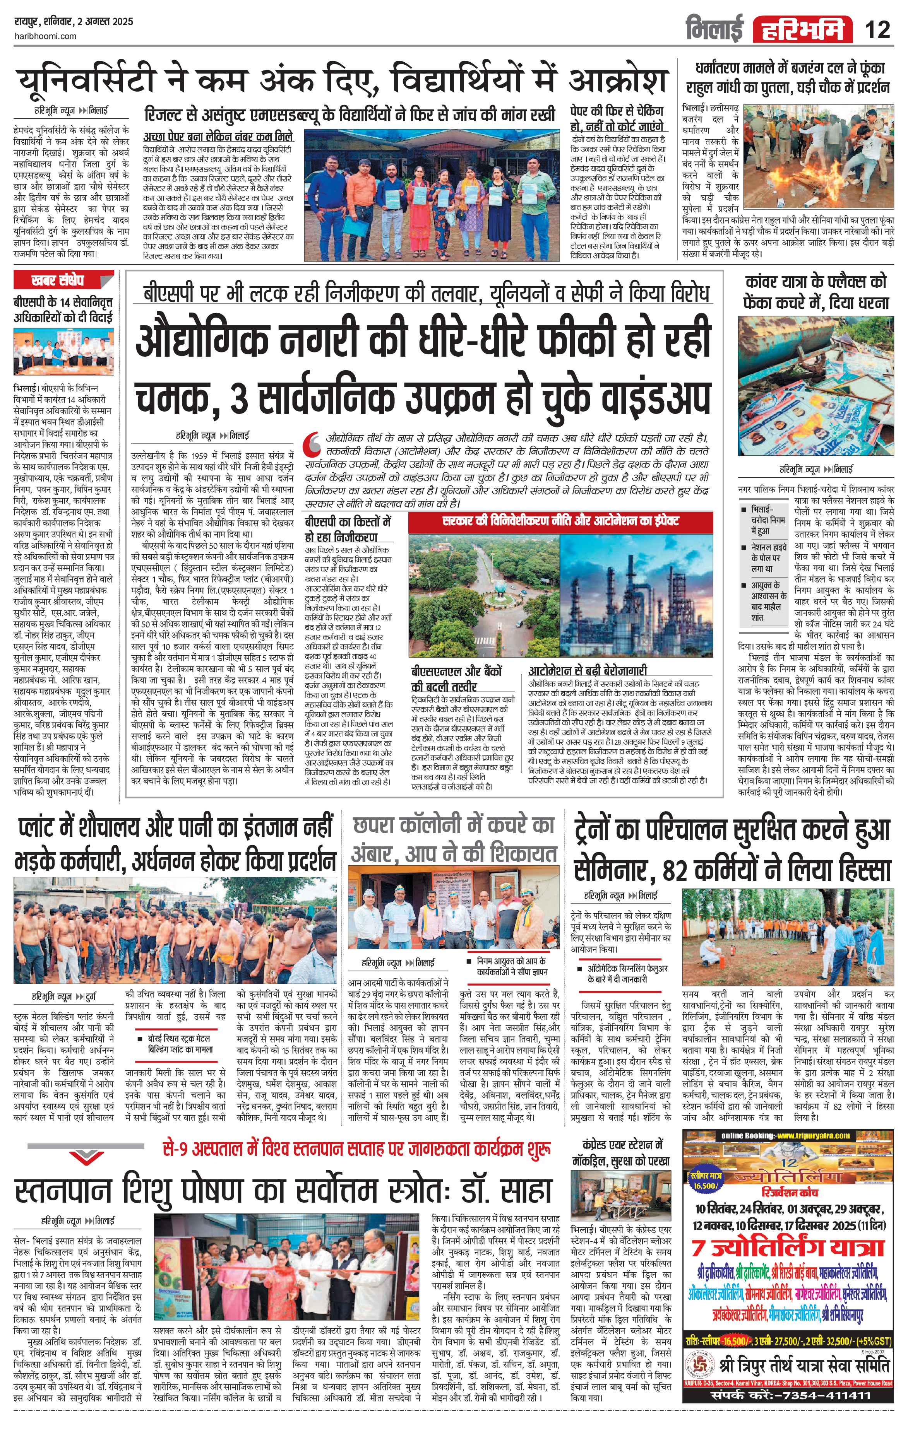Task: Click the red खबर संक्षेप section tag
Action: pos(58,280)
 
